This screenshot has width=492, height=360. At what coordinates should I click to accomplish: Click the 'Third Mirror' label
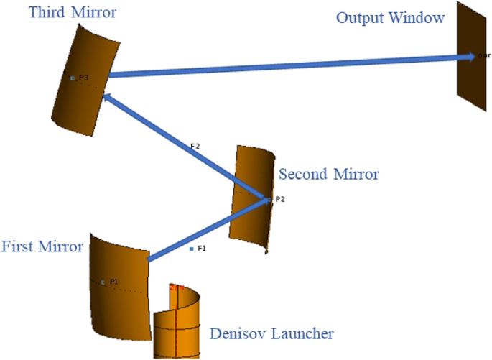62,14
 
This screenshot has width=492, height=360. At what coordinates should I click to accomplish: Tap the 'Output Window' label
391,18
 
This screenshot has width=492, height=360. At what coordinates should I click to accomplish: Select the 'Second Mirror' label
328,174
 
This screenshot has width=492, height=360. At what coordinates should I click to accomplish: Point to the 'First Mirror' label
42,247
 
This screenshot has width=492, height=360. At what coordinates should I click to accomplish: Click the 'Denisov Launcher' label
271,334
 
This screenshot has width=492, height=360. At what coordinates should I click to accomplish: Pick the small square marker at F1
192,249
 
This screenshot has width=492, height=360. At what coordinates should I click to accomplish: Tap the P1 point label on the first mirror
113,282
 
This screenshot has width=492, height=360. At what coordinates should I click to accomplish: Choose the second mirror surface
249,216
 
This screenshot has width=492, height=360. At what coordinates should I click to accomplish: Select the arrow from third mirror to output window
287,65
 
